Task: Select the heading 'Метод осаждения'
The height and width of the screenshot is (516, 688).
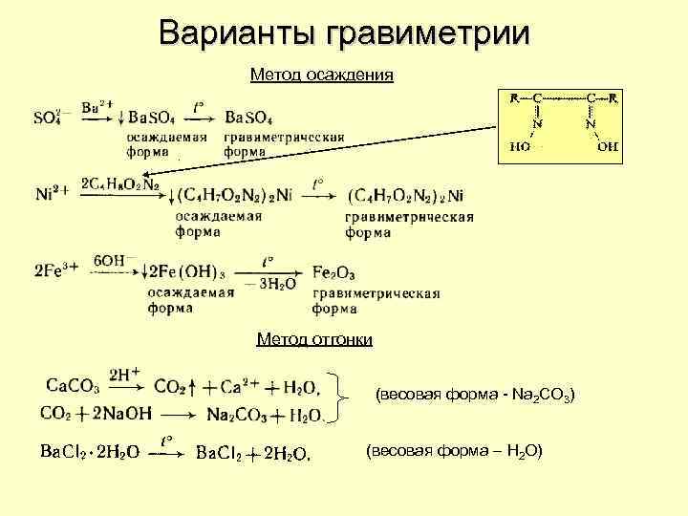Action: click(321, 74)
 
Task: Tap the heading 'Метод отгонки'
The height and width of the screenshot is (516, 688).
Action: click(314, 339)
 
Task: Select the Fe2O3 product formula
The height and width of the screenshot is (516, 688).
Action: click(335, 271)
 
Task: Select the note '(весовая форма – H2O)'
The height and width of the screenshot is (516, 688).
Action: click(454, 450)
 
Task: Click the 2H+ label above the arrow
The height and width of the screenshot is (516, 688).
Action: click(125, 375)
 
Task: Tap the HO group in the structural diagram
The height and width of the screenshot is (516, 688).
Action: click(521, 146)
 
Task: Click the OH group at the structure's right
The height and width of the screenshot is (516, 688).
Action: click(607, 146)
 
